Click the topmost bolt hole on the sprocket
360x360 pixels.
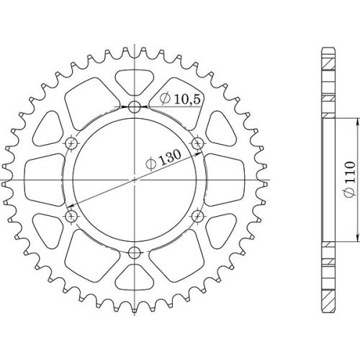pos(135,107)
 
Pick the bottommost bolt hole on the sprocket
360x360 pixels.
pos(135,251)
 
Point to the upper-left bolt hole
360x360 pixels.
pos(71,143)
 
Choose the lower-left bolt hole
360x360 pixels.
pos(71,215)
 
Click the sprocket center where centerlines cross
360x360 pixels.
pos(135,179)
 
